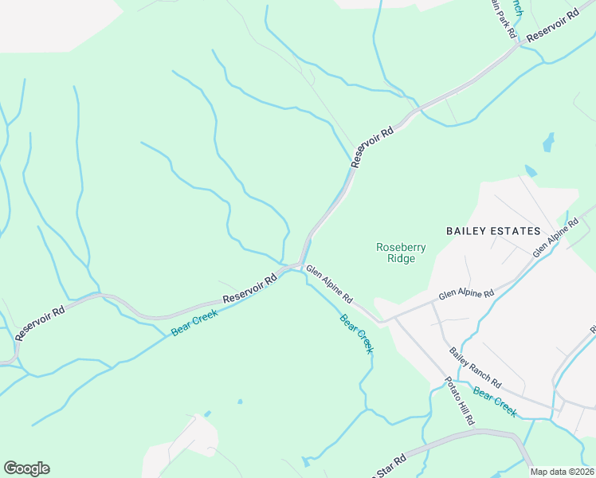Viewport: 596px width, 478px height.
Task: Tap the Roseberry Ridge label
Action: click(x=401, y=253)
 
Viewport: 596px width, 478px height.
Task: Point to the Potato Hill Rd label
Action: click(x=459, y=400)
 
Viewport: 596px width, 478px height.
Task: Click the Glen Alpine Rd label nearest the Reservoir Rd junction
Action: click(x=330, y=284)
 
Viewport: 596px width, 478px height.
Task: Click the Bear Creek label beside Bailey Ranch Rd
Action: click(x=494, y=402)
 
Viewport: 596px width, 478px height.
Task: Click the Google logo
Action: click(x=26, y=468)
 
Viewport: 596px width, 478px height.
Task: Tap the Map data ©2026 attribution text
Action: click(x=563, y=472)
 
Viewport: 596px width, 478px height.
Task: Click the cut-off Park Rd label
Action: click(x=501, y=22)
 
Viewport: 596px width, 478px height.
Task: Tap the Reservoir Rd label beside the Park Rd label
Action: click(x=551, y=27)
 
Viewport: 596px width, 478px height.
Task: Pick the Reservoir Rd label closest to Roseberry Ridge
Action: click(x=372, y=147)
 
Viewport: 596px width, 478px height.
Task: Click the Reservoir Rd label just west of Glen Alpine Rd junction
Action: click(x=249, y=288)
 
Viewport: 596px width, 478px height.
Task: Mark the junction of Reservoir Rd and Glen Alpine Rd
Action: click(x=300, y=264)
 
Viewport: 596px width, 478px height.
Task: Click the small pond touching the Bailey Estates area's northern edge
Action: click(x=531, y=171)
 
